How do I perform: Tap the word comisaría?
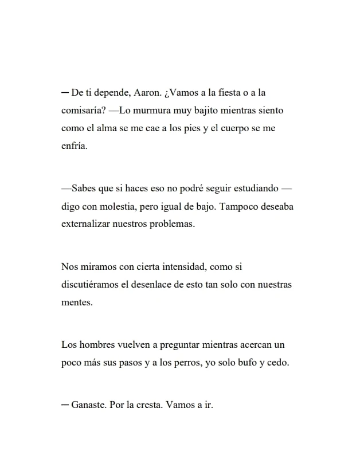(83, 110)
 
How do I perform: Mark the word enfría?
(74, 146)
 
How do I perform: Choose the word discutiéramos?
(92, 284)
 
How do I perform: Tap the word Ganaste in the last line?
(88, 405)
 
